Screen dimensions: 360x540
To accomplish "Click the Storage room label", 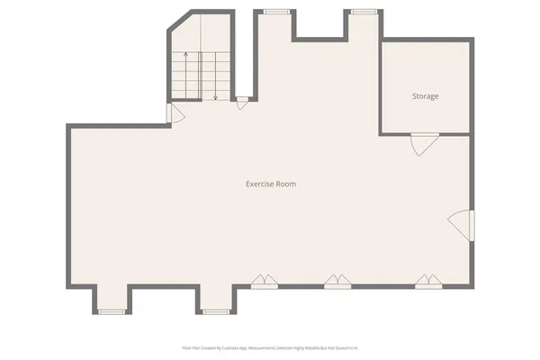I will (x=426, y=95).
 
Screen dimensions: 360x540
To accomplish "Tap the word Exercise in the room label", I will (x=259, y=184).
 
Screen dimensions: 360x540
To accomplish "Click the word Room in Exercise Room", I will (x=286, y=184).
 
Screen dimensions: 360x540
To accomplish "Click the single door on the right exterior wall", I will (x=462, y=224).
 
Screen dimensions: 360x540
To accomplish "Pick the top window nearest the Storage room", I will (x=364, y=12).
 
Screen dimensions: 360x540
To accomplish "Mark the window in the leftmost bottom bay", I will (x=112, y=311).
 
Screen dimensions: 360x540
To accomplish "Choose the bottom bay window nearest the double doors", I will (x=215, y=311).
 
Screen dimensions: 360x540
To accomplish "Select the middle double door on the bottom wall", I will (x=337, y=281).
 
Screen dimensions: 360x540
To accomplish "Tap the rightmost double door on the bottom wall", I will (x=428, y=281).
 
